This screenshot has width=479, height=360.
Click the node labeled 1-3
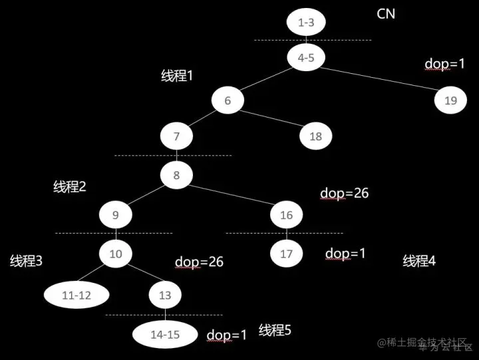pyautogui.click(x=306, y=23)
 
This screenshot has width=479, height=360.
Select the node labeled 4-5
pyautogui.click(x=306, y=57)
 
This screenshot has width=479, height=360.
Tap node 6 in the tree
pyautogui.click(x=228, y=100)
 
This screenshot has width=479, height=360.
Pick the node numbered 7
pyautogui.click(x=176, y=136)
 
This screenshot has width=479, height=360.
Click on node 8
pyautogui.click(x=176, y=176)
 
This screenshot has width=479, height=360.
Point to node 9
pyautogui.click(x=115, y=215)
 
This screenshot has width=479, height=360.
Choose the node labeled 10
pyautogui.click(x=116, y=254)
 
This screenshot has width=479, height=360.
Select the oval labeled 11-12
pyautogui.click(x=76, y=295)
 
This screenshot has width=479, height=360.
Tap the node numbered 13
pyautogui.click(x=165, y=295)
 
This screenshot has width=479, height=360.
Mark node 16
pyautogui.click(x=287, y=215)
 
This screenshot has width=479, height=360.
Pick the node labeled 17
pyautogui.click(x=287, y=254)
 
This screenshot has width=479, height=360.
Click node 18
pyautogui.click(x=315, y=136)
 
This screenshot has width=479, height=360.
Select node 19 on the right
pyautogui.click(x=450, y=100)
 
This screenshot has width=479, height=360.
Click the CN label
pyautogui.click(x=386, y=13)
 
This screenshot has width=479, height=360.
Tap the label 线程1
pyautogui.click(x=177, y=76)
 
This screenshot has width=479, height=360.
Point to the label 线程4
pyautogui.click(x=419, y=261)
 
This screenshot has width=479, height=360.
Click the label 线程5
pyautogui.click(x=275, y=330)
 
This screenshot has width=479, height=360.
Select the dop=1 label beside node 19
pyautogui.click(x=444, y=65)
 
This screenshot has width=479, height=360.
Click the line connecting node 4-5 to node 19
pyautogui.click(x=379, y=79)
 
